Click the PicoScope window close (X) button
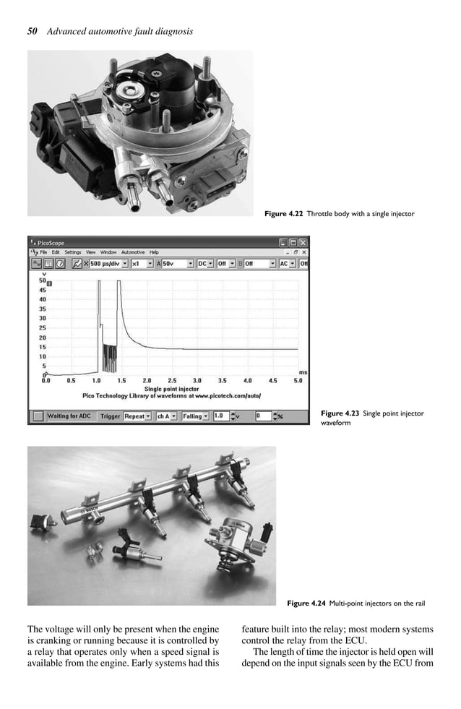(303, 243)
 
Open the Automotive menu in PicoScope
(132, 252)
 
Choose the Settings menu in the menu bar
(73, 252)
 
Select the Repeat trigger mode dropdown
(137, 416)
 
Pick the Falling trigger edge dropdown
(195, 416)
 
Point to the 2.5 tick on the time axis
(171, 379)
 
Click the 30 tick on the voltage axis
(43, 318)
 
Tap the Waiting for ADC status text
(69, 416)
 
